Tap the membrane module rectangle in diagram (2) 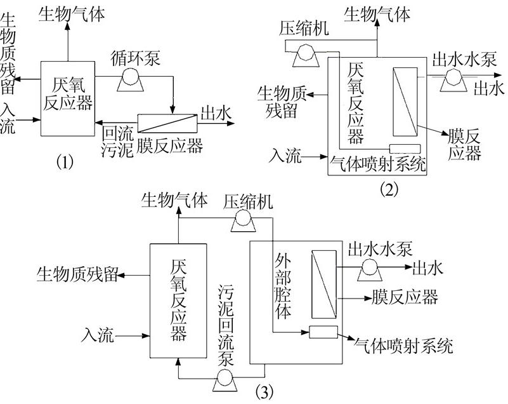[403, 101]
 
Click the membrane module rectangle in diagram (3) [324, 283]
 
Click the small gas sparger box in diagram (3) [323, 332]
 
